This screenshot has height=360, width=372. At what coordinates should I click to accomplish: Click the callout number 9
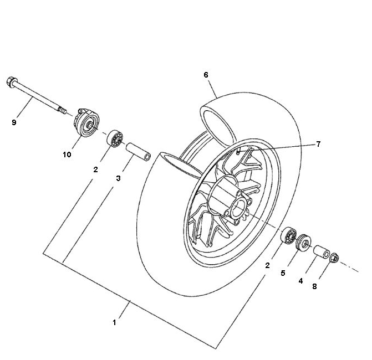click(14, 122)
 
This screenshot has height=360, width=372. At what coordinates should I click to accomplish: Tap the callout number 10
click(67, 155)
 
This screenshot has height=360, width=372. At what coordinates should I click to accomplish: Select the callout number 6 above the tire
click(206, 75)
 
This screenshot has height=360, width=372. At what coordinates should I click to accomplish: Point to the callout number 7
click(318, 144)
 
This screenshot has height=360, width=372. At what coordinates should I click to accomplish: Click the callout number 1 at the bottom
click(114, 322)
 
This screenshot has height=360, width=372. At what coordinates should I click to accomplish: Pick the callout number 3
click(118, 178)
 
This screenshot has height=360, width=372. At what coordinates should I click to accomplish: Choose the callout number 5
click(283, 273)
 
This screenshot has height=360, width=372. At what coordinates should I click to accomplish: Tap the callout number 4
click(300, 281)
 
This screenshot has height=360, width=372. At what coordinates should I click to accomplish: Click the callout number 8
click(314, 286)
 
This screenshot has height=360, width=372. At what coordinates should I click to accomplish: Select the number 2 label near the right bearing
click(267, 265)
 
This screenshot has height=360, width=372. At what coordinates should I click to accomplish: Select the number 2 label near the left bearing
click(95, 169)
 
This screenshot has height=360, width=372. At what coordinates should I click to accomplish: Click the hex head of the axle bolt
click(11, 82)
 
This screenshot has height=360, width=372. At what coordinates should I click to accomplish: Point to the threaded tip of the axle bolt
click(62, 110)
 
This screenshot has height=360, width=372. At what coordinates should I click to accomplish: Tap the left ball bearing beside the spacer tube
click(115, 138)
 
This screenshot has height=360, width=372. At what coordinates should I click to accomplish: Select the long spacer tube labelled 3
click(138, 152)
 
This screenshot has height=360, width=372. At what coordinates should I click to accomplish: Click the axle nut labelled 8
click(334, 258)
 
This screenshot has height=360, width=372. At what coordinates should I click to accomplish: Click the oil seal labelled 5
click(304, 241)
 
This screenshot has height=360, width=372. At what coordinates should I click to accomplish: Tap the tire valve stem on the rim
click(239, 151)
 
